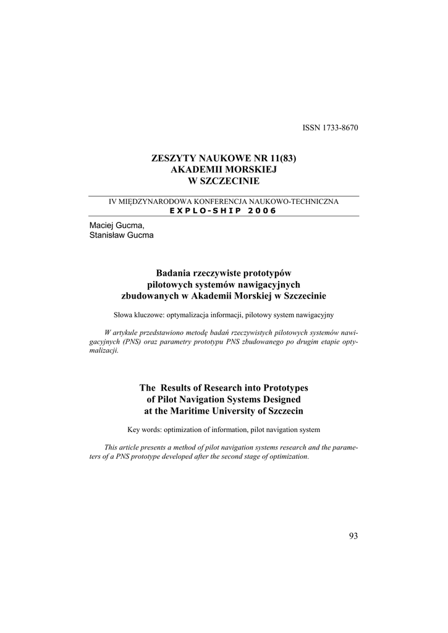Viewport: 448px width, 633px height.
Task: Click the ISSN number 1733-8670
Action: [338, 128]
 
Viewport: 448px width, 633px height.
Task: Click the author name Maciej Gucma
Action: [117, 226]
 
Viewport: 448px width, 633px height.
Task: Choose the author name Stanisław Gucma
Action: [122, 235]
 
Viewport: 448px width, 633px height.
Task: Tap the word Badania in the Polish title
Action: [174, 273]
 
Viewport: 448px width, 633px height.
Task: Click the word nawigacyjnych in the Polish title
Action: [270, 284]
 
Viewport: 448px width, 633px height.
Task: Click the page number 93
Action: [353, 536]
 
